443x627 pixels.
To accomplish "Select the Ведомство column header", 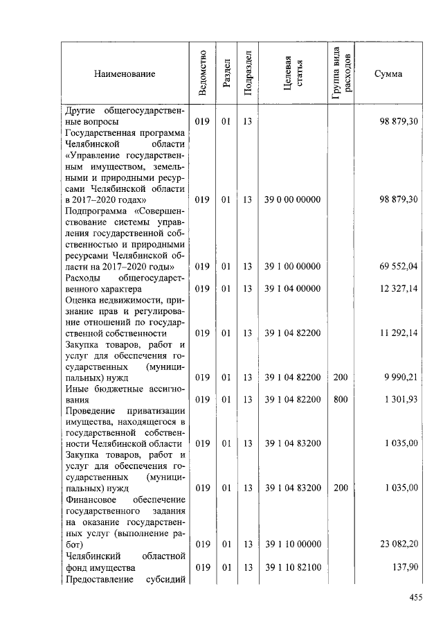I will [202, 73].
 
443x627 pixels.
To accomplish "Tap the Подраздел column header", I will [248, 73].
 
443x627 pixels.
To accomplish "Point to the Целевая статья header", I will [293, 73].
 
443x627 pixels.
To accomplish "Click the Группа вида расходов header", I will [341, 73].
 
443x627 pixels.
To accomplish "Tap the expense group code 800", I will [341, 400].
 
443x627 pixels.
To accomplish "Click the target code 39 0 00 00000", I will [293, 200].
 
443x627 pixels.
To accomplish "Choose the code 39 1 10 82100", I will [293, 567].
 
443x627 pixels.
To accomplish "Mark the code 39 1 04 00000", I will [293, 289].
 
